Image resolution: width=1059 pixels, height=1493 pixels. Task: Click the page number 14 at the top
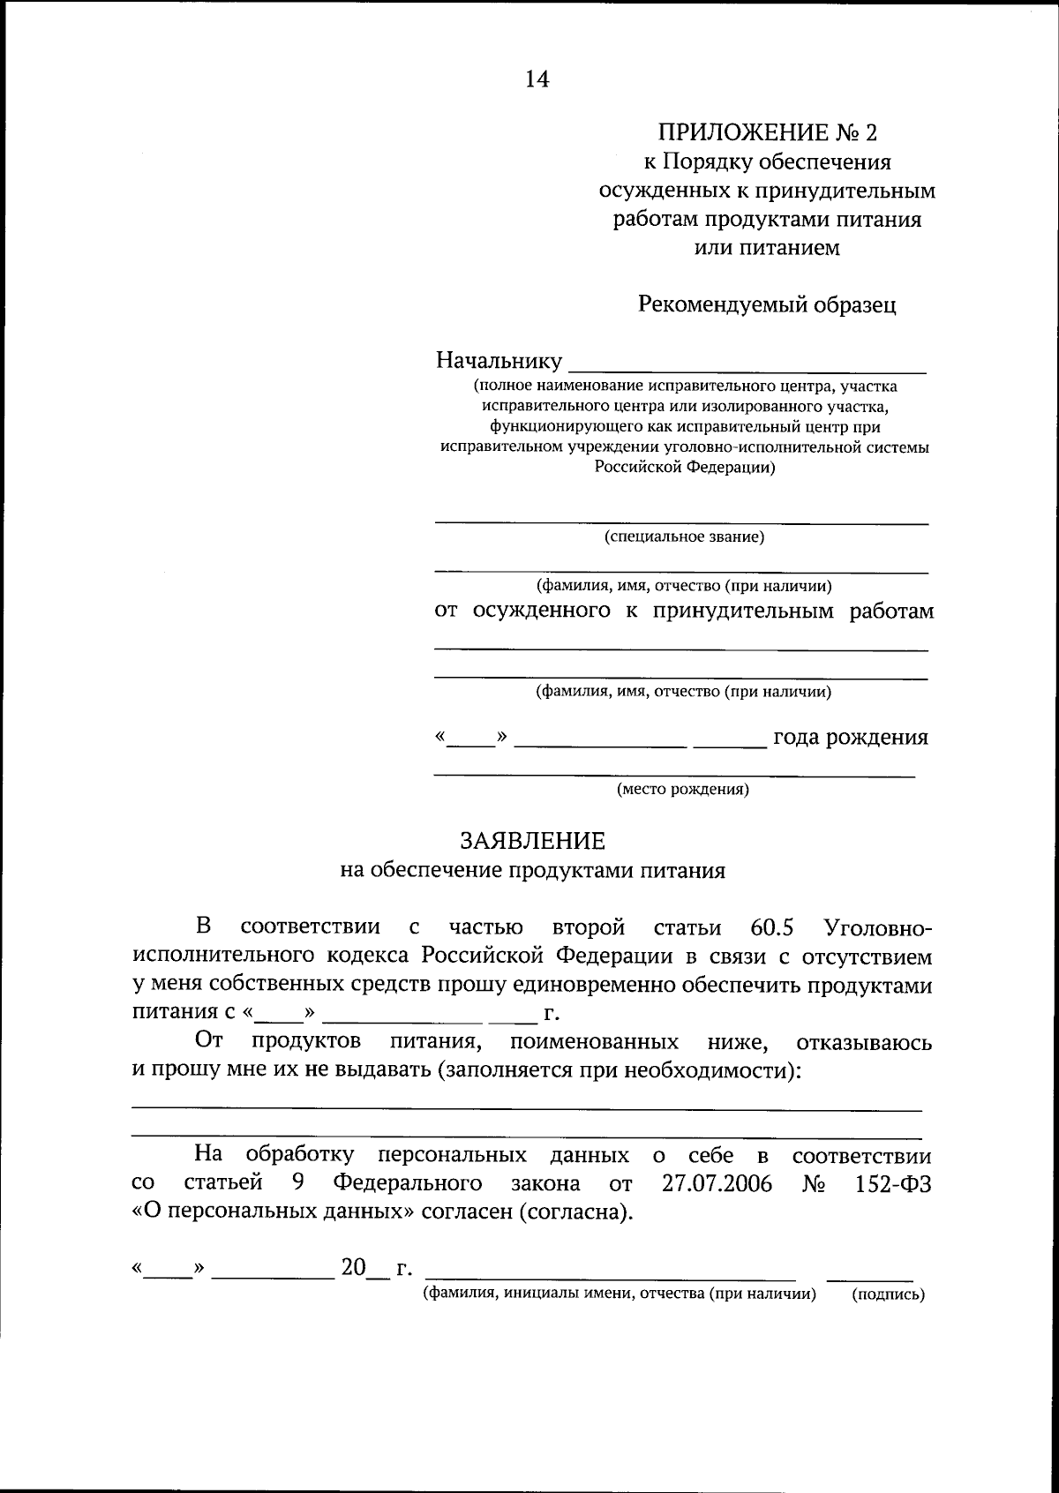point(537,79)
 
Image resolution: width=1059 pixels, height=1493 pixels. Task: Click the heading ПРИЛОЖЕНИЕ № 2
point(767,133)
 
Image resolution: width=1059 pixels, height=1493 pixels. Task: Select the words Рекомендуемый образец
point(767,304)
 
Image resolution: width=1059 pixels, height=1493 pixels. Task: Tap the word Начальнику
point(499,361)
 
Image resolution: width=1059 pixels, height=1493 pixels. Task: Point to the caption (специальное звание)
point(684,536)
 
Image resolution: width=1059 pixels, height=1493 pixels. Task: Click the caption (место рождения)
point(682,790)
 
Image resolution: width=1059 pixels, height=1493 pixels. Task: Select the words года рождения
point(850,737)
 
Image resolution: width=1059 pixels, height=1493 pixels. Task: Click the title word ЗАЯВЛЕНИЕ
point(532,840)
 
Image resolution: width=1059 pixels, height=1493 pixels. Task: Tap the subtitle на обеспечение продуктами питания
point(532,870)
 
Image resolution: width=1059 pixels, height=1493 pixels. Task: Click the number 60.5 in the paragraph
point(772,927)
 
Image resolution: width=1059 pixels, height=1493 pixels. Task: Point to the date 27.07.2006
point(717,1183)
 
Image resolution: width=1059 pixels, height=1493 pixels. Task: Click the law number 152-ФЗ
point(893,1183)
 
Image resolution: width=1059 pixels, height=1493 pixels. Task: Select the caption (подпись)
point(888,1295)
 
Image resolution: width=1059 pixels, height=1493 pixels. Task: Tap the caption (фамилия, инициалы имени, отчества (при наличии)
point(619,1294)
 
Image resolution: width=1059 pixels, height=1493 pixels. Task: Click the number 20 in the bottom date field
point(354,1268)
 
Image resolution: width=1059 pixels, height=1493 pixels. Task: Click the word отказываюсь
point(863,1043)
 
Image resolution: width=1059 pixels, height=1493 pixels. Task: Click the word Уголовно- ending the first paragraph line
point(876,927)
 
